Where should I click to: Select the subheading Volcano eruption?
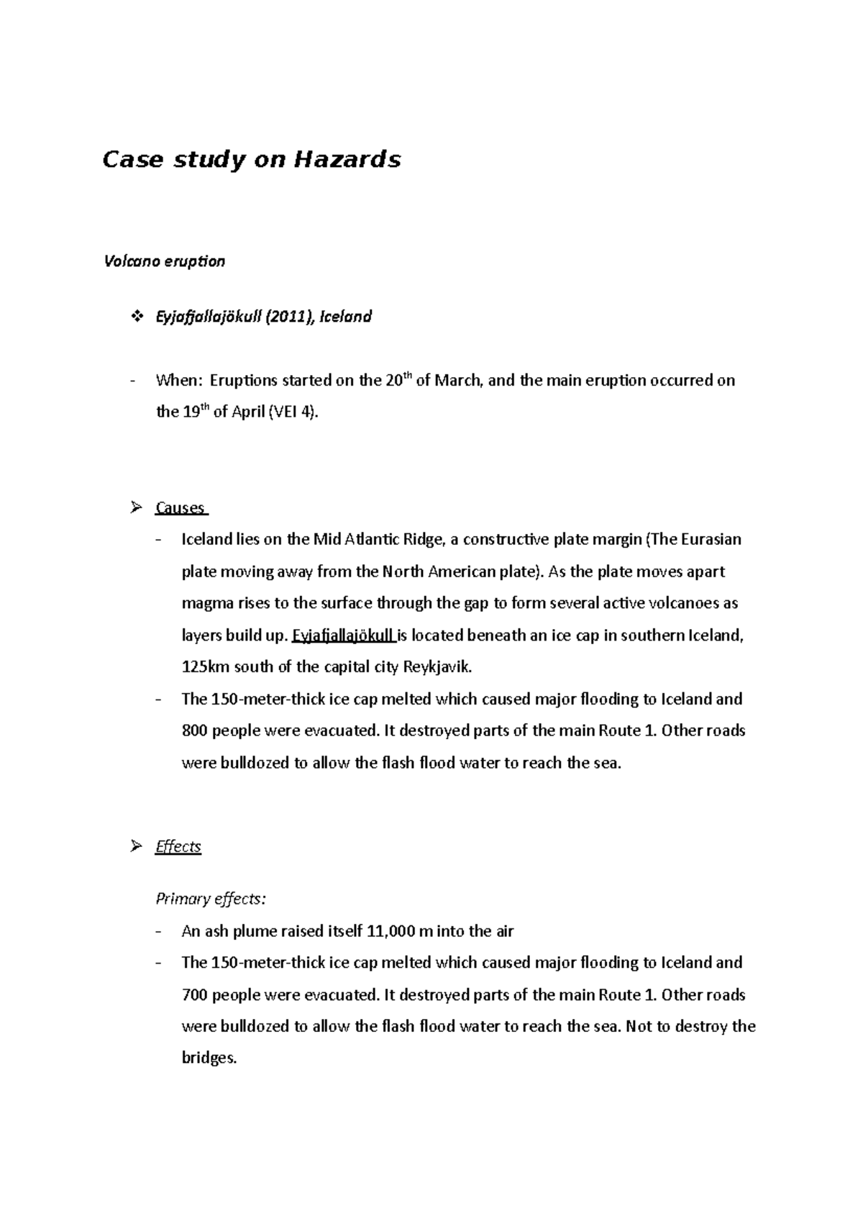[x=165, y=261]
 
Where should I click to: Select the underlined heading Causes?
[x=180, y=508]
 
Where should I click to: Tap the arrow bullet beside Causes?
[x=135, y=508]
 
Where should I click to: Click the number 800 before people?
[x=195, y=731]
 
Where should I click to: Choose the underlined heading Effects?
[x=178, y=846]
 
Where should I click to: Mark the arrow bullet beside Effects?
[x=135, y=846]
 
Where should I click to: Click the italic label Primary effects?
[x=211, y=899]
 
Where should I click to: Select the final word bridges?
[x=209, y=1059]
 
